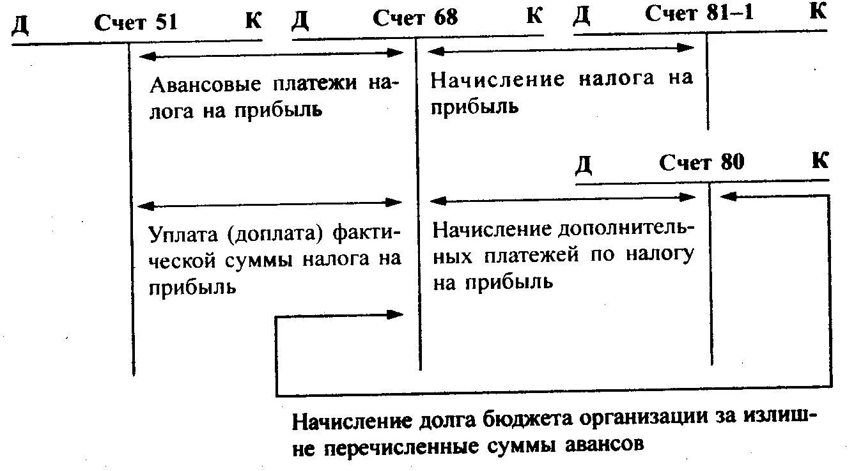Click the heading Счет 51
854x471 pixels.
pos(136,22)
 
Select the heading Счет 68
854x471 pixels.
pos(415,17)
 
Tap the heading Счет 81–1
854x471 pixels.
pos(699,14)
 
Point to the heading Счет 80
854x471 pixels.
pos(702,162)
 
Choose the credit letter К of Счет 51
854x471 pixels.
pos(253,21)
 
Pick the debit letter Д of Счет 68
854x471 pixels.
pos(300,21)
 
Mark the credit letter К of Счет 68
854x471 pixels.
pos(534,16)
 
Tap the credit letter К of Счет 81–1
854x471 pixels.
pos(818,12)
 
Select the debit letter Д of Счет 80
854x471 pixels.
pos(584,165)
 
